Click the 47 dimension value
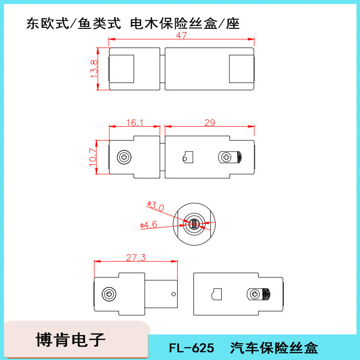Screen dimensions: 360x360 181,36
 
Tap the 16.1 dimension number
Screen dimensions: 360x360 135,123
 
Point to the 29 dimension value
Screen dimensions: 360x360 209,123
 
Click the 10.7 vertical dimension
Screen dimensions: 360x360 93,157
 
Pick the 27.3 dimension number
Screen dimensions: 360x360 136,258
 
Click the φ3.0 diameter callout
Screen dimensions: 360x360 156,206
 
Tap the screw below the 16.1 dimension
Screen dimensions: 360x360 124,157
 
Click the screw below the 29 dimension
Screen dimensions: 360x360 225,157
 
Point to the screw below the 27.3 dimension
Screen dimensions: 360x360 109,294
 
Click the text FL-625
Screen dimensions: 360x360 191,347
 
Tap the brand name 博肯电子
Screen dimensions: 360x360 70,340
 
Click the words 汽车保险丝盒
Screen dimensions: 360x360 274,347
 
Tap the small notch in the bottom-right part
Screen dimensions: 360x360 216,294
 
